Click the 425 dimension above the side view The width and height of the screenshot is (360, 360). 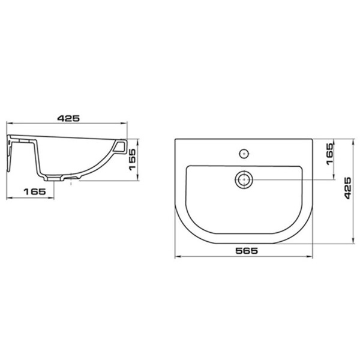coord(68,118)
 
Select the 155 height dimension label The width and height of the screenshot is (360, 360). coord(132,160)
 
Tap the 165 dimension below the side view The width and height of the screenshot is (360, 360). coord(35,191)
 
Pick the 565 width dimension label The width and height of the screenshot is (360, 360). coord(247,251)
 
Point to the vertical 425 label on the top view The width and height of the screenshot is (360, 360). coord(348,188)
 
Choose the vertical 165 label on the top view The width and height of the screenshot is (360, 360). coord(329,154)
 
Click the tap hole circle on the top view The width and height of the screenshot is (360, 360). coord(244,154)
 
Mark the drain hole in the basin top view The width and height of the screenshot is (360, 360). coord(244,179)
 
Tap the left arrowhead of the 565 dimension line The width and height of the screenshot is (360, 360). coord(177,256)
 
